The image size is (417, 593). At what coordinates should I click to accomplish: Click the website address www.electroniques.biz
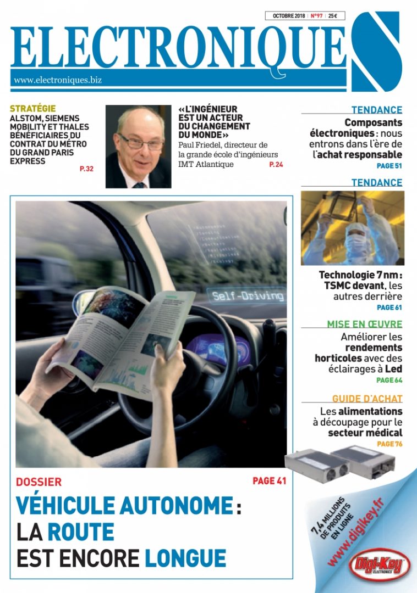click(58, 80)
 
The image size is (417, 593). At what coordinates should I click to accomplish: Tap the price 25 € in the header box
click(333, 16)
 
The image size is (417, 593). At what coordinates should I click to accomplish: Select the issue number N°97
click(316, 16)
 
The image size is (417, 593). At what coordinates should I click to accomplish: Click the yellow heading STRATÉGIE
click(32, 109)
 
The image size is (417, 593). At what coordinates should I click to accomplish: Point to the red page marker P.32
click(86, 169)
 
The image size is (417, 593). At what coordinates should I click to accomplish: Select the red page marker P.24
click(276, 164)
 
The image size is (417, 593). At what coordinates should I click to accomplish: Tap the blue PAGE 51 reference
click(389, 165)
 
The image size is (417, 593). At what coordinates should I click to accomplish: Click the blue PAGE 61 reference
click(389, 307)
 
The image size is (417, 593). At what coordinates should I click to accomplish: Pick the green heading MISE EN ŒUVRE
click(365, 325)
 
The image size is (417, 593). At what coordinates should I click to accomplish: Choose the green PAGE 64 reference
click(389, 380)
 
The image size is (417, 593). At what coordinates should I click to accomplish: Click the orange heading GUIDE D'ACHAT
click(367, 399)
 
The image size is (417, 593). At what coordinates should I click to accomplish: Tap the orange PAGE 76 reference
click(389, 444)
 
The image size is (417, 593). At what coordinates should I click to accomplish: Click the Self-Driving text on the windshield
click(248, 296)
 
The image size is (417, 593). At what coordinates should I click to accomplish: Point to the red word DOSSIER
click(39, 482)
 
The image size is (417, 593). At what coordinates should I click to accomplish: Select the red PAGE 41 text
click(270, 481)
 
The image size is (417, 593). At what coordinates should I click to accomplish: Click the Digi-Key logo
click(380, 564)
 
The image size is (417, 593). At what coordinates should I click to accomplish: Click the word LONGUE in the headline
click(185, 558)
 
